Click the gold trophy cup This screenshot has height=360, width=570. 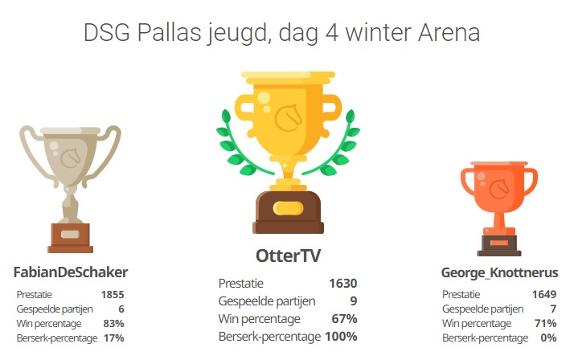tap(288, 153)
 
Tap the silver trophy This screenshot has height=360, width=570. tap(70, 189)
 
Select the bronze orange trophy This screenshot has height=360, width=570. tap(498, 209)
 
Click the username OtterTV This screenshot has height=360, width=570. tap(289, 256)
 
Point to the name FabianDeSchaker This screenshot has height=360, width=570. tap(71, 272)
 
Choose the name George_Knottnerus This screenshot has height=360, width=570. tap(499, 272)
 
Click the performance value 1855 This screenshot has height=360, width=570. tap(113, 294)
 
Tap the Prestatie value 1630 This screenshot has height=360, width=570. tap(343, 284)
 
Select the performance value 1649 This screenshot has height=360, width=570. tap(544, 294)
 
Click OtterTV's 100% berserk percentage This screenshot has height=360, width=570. tap(341, 337)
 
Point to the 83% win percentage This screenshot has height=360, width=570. tap(113, 323)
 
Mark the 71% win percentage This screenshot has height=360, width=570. tap(546, 323)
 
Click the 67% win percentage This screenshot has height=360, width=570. tap(344, 318)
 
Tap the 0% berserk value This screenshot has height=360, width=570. tap(548, 337)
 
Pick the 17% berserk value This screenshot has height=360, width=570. tap(114, 337)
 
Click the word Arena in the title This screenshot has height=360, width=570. tap(449, 32)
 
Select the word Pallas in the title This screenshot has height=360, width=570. tap(170, 32)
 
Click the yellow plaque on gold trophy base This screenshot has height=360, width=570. tap(288, 208)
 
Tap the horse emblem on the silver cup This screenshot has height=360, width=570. tap(71, 158)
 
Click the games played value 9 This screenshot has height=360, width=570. tap(354, 301)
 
